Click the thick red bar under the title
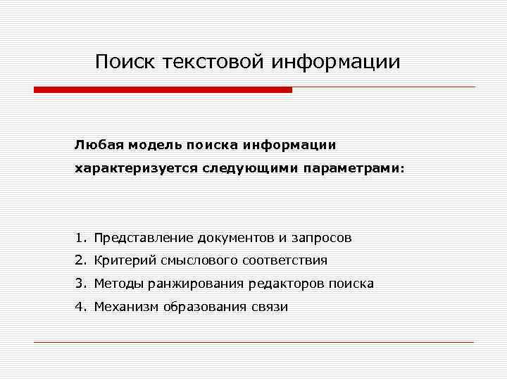163,90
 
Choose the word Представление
144,238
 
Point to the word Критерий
125,260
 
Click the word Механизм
127,307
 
